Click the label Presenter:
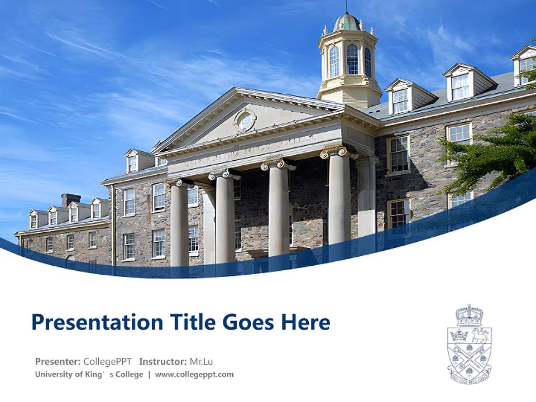58,361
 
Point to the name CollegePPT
107,361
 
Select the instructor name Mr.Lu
200,361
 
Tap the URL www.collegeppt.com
194,375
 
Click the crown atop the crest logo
469,314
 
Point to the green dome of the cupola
347,23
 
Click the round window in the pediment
245,119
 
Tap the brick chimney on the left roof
71,199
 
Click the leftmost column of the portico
180,223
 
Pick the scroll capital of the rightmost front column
338,151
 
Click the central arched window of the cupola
352,59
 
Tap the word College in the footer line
130,375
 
